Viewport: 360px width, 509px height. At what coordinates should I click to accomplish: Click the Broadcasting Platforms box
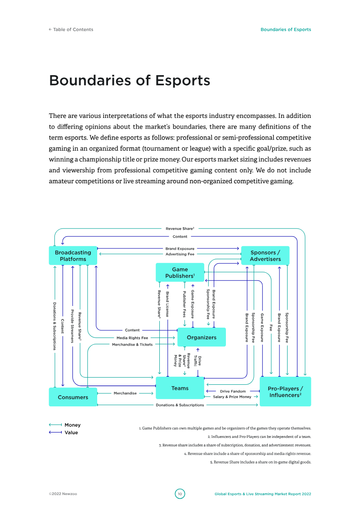tap(73, 256)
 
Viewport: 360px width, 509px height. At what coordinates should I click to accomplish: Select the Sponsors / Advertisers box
tap(265, 256)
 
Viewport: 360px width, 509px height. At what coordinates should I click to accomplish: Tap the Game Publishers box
tap(180, 273)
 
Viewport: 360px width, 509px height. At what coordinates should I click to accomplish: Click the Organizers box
tap(202, 338)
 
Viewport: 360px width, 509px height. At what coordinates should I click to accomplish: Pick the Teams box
tap(180, 388)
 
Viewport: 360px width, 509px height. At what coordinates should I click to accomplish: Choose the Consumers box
tap(73, 397)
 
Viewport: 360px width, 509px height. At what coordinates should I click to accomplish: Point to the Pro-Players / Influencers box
tap(285, 392)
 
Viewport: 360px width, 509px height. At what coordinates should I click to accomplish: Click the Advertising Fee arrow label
tap(180, 254)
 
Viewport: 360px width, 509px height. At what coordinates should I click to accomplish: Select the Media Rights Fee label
tap(132, 338)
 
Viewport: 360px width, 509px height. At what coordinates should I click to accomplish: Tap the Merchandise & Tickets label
tap(132, 345)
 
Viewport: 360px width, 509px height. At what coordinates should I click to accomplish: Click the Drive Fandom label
tap(233, 391)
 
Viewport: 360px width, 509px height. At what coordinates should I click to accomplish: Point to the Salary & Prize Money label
tap(232, 397)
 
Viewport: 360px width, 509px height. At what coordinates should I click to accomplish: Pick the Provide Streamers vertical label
tap(72, 326)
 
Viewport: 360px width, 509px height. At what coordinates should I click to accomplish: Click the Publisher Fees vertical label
tap(184, 304)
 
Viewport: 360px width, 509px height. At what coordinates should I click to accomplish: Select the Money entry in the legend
tap(72, 425)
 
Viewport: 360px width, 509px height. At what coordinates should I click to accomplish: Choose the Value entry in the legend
tap(71, 432)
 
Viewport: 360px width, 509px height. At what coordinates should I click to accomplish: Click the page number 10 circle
tap(180, 494)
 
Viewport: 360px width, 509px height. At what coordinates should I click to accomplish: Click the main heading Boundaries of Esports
tap(130, 81)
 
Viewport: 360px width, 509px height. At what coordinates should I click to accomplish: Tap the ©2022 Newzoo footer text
tap(63, 494)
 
